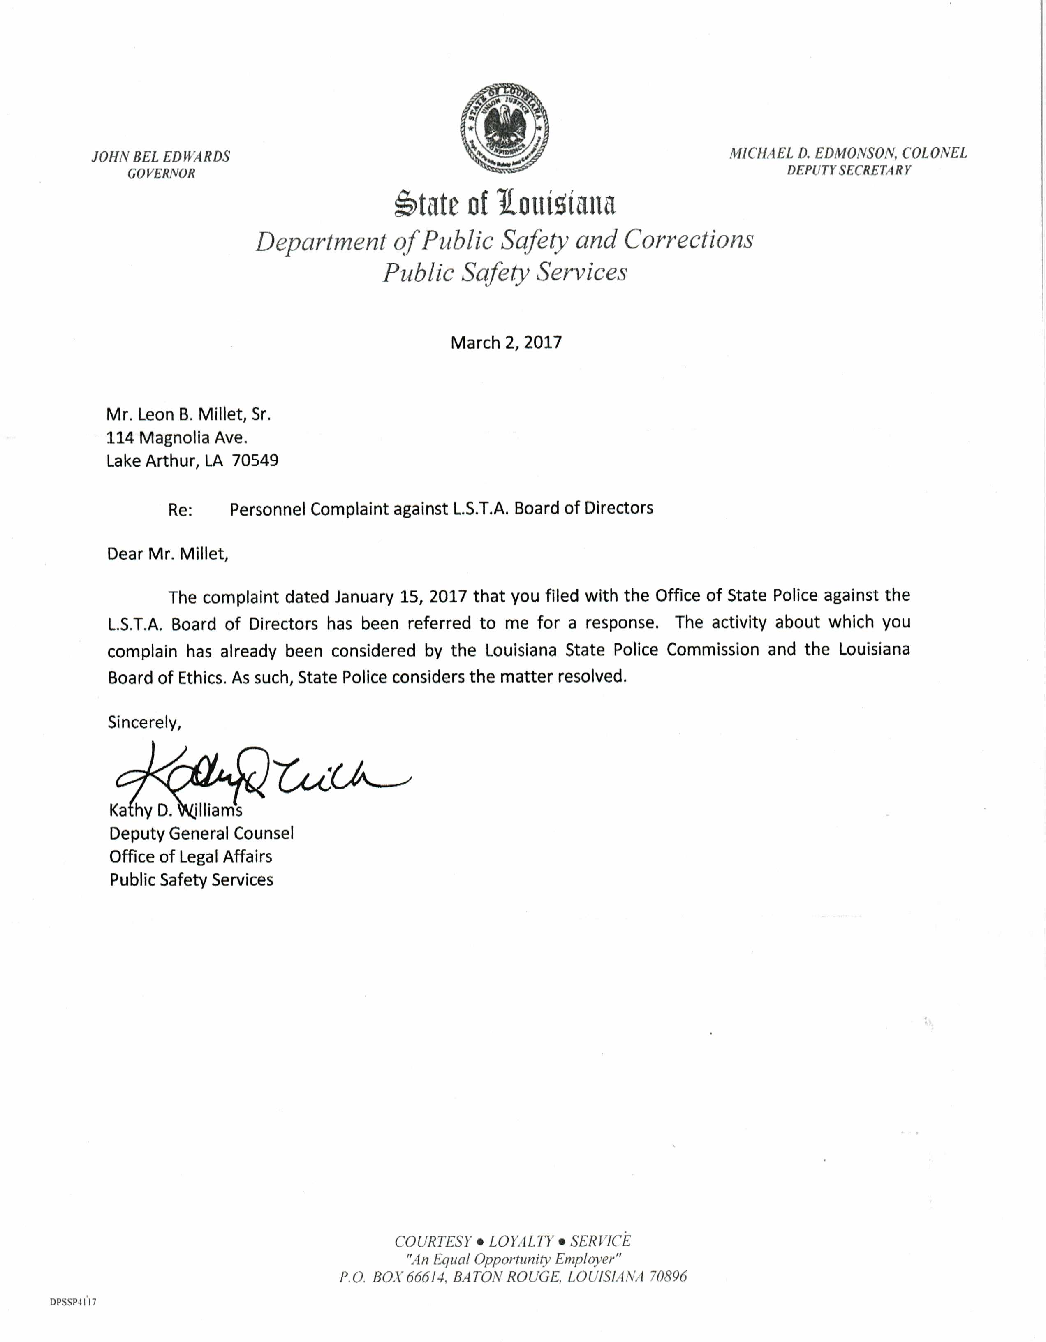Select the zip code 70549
pyautogui.click(x=255, y=461)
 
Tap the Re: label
pyautogui.click(x=180, y=510)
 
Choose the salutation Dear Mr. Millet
pyautogui.click(x=168, y=554)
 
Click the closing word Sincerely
pyautogui.click(x=144, y=723)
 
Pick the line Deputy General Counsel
pyautogui.click(x=201, y=834)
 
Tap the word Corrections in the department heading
pyautogui.click(x=688, y=240)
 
